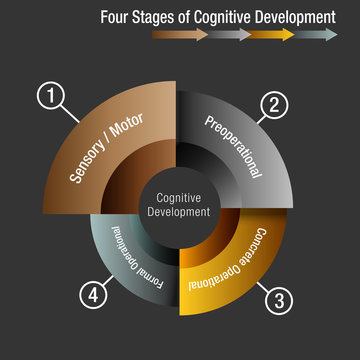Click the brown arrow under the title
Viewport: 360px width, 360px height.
click(180, 34)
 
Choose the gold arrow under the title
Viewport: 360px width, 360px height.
click(272, 34)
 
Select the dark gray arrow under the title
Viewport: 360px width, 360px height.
click(230, 34)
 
